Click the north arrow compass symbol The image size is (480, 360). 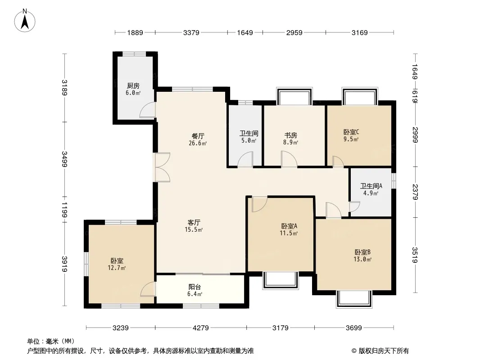point(25,20)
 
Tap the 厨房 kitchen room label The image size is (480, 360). point(133,86)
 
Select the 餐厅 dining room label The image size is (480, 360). point(198,136)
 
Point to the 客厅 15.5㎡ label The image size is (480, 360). point(194,226)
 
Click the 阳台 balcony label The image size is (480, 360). point(195,287)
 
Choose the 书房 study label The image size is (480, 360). point(290,135)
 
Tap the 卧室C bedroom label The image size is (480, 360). point(351,132)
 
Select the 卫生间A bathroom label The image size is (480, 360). point(371,186)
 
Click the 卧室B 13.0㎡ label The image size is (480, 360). point(363,256)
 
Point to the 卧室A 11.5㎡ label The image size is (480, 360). point(289,229)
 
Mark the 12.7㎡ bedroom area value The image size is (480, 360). point(117,268)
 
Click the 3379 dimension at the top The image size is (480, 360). point(191,32)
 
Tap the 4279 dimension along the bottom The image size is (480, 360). point(200,328)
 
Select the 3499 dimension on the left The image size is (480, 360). point(64,159)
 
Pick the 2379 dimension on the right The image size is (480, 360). point(415,192)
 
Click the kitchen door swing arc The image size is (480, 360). point(147,110)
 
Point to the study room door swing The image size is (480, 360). point(289,159)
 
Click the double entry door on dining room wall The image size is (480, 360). point(162,167)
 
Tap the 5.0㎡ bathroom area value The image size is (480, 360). point(249,141)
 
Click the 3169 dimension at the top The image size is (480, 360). point(359,32)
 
